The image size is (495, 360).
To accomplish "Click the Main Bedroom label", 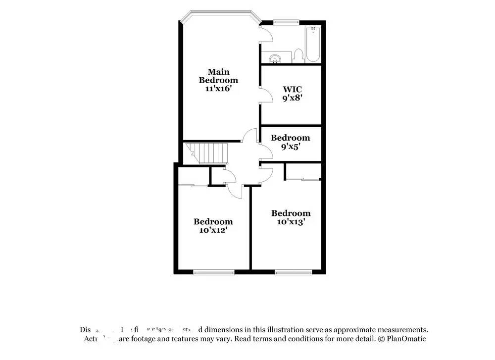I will [x=218, y=76].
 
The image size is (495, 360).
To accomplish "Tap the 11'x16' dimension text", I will [x=218, y=89].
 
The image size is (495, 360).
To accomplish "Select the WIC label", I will [x=292, y=89].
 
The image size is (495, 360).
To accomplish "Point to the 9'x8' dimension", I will [x=292, y=98].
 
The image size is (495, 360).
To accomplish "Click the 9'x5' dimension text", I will [x=291, y=147].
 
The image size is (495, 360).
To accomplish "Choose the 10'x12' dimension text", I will [x=213, y=230].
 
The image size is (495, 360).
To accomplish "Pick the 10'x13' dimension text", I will [x=291, y=222].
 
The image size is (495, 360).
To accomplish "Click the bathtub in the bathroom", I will [x=313, y=45].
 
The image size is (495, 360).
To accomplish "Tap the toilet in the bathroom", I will [x=298, y=55].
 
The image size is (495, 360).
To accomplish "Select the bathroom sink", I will [x=274, y=58].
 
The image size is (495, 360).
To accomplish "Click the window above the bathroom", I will [x=287, y=22].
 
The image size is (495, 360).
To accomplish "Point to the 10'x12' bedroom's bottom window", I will [x=213, y=272].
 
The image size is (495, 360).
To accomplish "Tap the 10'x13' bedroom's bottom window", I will [x=294, y=272].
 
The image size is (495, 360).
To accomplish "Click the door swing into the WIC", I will [x=266, y=94].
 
